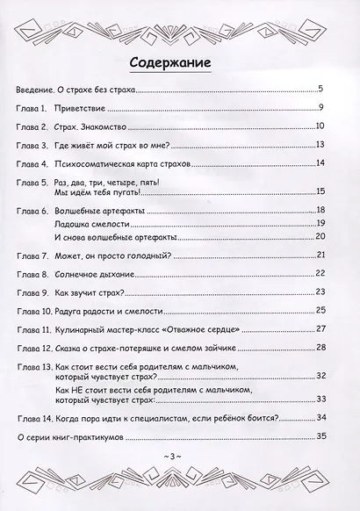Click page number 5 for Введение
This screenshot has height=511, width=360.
click(x=321, y=89)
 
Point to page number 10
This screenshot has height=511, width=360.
click(x=320, y=126)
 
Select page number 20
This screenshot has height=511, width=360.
click(x=320, y=237)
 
